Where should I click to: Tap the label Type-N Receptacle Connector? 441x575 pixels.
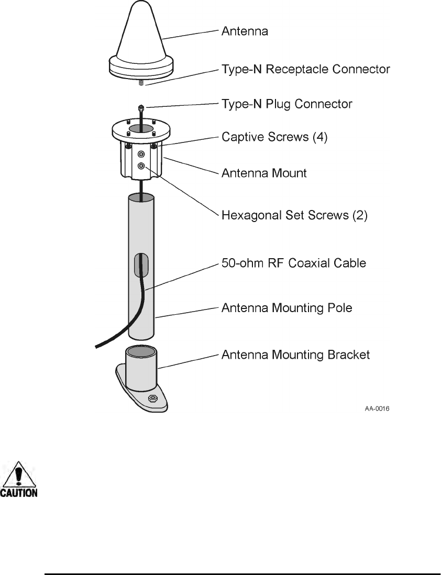click(305, 69)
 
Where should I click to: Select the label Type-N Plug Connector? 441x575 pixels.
click(286, 104)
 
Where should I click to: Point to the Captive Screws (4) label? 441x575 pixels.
click(274, 138)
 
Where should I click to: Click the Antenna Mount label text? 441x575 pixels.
click(264, 173)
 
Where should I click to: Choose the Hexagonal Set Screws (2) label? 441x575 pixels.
click(294, 215)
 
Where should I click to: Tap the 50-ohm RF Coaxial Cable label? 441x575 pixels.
click(293, 263)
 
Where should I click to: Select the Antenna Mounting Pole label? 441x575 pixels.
click(286, 308)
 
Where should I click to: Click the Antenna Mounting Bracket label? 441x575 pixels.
click(295, 355)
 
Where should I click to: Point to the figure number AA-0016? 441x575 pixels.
click(377, 409)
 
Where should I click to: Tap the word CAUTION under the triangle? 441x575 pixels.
click(18, 493)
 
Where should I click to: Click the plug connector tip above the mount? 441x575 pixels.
click(141, 108)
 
